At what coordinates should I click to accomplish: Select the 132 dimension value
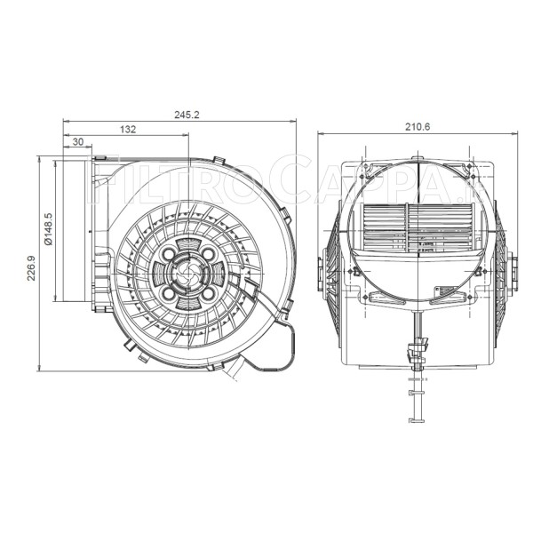(x=126, y=130)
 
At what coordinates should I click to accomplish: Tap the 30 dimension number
(x=77, y=141)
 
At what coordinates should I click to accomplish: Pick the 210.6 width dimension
(x=417, y=127)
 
